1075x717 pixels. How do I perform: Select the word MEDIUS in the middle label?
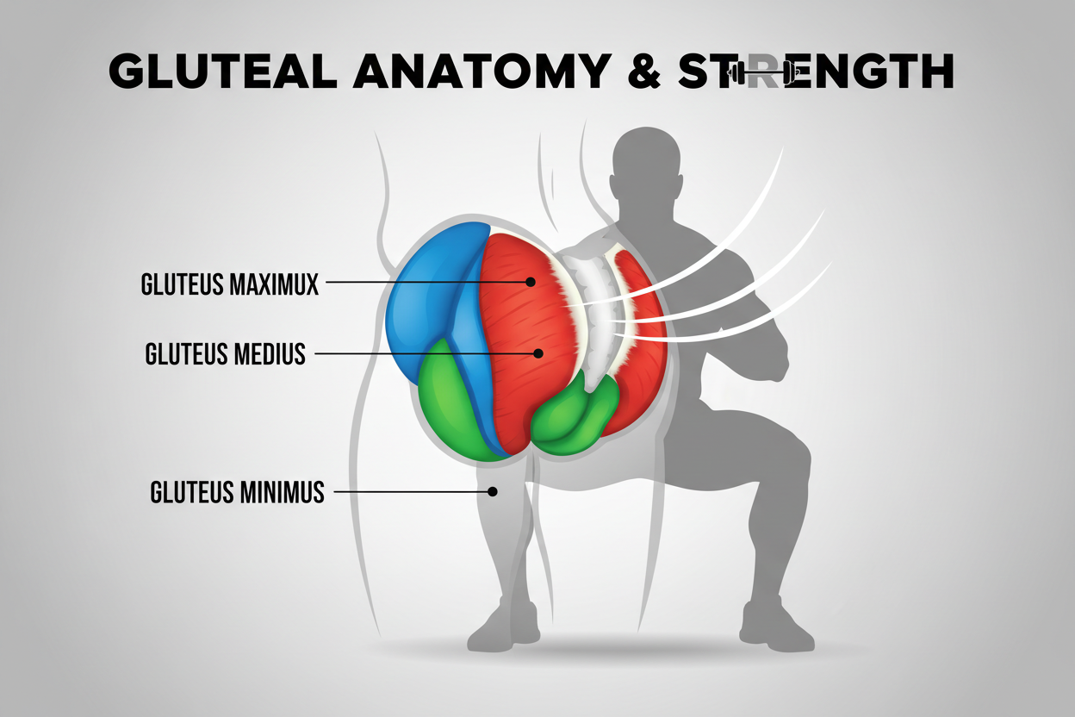coord(267,353)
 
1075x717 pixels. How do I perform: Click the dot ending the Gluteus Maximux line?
coord(531,282)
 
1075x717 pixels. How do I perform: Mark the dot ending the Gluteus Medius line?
coord(538,352)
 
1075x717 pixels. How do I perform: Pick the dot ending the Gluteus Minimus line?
coord(493,492)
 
